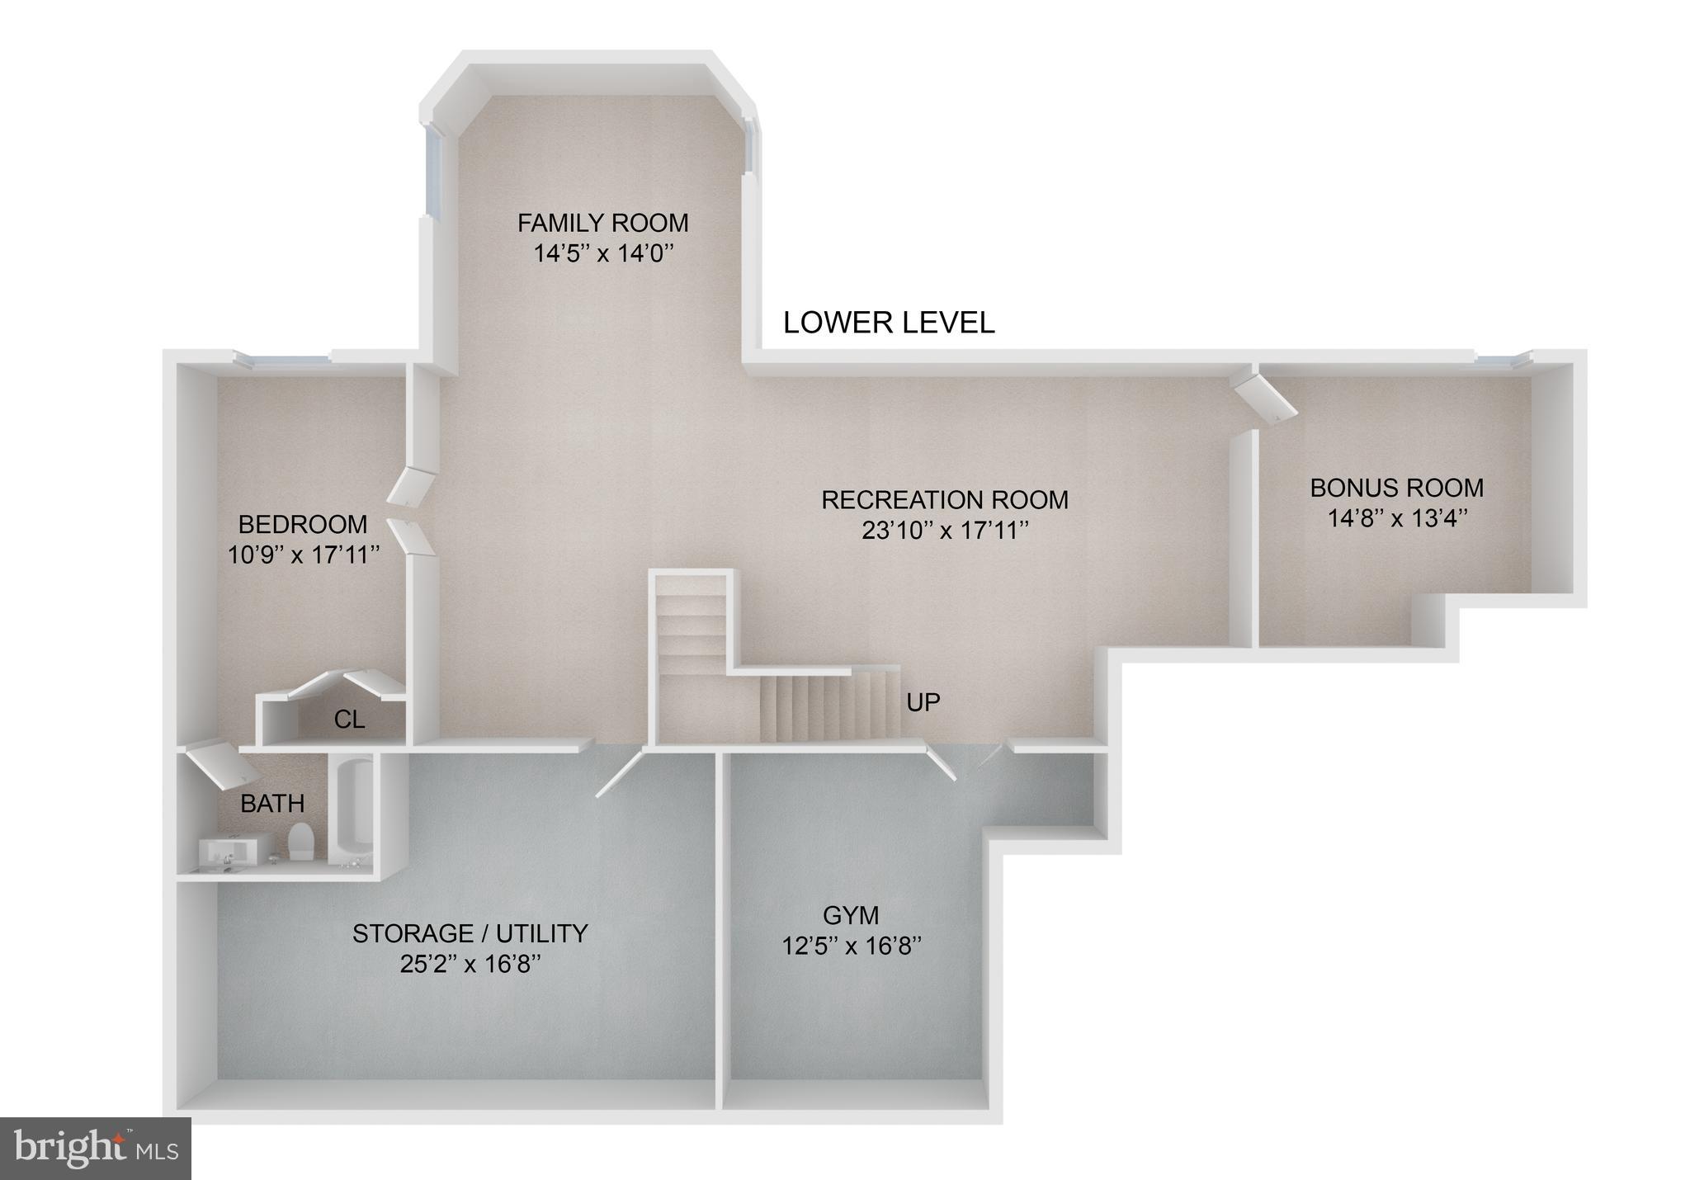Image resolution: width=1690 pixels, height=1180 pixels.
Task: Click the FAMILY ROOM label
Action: click(x=602, y=223)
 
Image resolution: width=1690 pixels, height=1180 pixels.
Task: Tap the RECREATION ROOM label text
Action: click(x=945, y=500)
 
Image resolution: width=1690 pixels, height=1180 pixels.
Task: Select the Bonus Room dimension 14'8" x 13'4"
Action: click(x=1397, y=519)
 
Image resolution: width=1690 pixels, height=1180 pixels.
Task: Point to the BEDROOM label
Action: click(x=303, y=524)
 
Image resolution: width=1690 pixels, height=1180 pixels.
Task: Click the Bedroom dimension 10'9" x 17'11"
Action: click(x=303, y=555)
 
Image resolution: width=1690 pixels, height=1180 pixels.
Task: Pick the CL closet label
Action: click(x=349, y=720)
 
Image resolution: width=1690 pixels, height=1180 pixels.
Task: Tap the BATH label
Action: click(x=272, y=803)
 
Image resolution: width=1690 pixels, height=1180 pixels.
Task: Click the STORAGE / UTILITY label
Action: click(x=470, y=933)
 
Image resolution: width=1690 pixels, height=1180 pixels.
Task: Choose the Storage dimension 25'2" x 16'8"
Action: click(x=470, y=964)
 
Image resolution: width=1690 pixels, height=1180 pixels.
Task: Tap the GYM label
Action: click(x=851, y=914)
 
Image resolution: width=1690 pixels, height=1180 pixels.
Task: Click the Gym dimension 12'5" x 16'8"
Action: click(x=851, y=946)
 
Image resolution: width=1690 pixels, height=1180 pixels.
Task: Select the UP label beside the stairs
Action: click(x=923, y=702)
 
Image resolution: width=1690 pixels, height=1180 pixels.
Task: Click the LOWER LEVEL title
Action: click(x=889, y=323)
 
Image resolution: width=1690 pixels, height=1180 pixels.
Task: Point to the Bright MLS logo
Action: click(x=96, y=1148)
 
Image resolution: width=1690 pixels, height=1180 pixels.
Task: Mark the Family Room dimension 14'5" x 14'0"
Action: click(x=602, y=253)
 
